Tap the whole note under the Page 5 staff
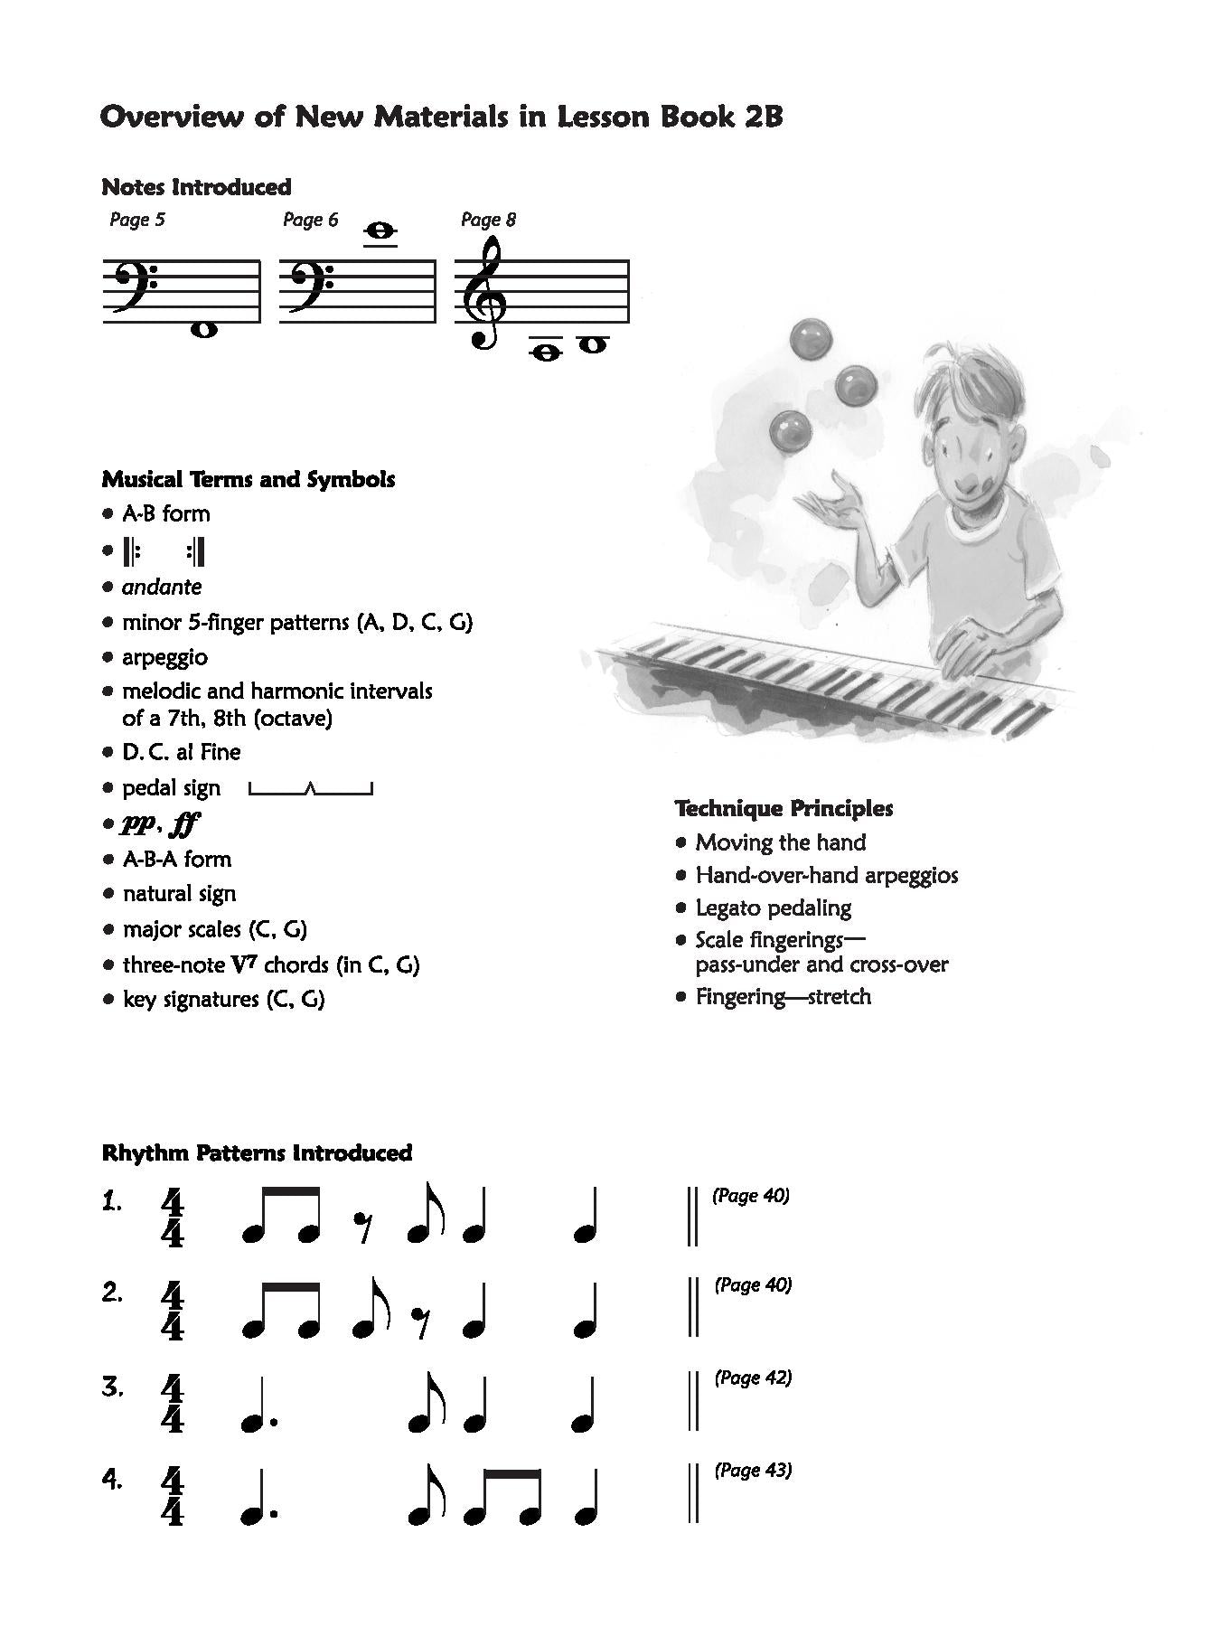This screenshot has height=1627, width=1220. [x=204, y=330]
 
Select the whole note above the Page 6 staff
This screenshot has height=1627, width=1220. [x=380, y=232]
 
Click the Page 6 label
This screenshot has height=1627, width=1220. [x=310, y=220]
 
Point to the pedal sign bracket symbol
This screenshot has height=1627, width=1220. [x=310, y=789]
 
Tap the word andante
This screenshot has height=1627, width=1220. [x=162, y=587]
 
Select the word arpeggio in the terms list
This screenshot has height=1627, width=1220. [x=164, y=657]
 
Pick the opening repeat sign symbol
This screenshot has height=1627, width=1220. [x=131, y=550]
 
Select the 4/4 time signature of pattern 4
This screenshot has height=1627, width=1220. [x=172, y=1498]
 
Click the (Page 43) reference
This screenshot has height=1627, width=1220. [x=753, y=1471]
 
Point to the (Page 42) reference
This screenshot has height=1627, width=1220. [x=753, y=1378]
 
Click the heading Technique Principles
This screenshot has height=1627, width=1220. [x=784, y=808]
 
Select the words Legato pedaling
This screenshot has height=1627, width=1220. [x=773, y=908]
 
